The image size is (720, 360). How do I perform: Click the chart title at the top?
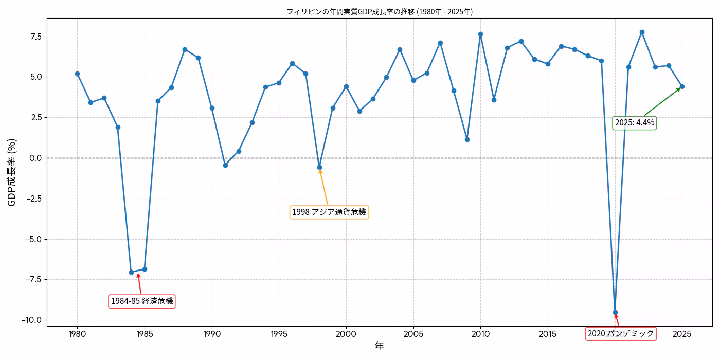[x=379, y=11]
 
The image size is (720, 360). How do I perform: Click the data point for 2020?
[x=615, y=312]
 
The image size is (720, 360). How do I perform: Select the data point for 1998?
[x=319, y=167]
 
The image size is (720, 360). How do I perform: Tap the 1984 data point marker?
[x=131, y=272]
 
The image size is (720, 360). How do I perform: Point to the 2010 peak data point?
[x=480, y=34]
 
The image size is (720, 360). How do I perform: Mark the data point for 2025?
[x=682, y=86]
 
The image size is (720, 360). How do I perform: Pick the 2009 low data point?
[x=467, y=139]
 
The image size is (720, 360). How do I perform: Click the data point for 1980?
[x=77, y=74]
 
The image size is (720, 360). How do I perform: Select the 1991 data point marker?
[x=225, y=165]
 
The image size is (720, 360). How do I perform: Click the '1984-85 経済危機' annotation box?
[x=142, y=301]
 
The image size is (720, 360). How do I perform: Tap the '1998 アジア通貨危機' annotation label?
[x=329, y=212]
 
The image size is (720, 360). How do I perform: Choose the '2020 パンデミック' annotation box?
[x=621, y=334]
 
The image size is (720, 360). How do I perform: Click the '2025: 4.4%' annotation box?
[x=635, y=122]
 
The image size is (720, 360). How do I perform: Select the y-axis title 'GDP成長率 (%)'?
[x=12, y=172]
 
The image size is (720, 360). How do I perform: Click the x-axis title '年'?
[x=379, y=346]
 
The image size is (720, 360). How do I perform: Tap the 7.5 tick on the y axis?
[x=34, y=37]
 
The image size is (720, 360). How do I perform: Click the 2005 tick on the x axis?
[x=413, y=334]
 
